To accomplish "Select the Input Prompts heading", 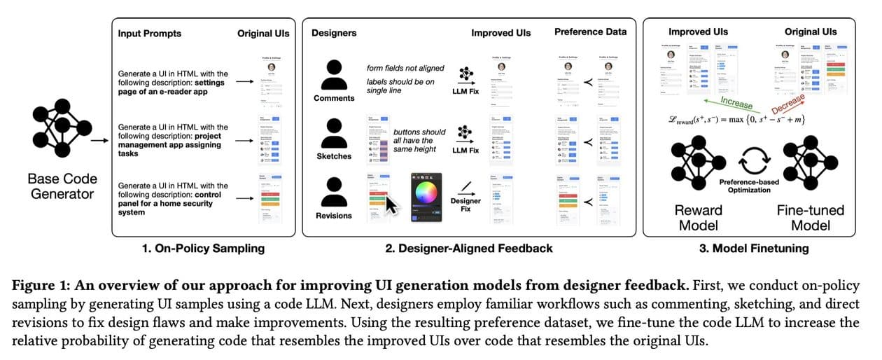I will tap(149, 33).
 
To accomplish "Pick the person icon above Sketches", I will tap(334, 131).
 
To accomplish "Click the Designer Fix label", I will tap(465, 205).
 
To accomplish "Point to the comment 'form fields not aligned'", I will tap(407, 68).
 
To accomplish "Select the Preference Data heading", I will tap(591, 32).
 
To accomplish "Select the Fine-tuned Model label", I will tap(810, 217).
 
